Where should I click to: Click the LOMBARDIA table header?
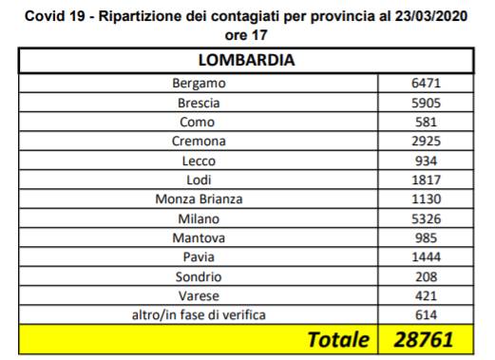tap(246, 60)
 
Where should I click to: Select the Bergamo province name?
tap(199, 84)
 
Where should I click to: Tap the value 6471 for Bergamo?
tap(426, 84)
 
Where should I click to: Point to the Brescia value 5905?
tap(426, 103)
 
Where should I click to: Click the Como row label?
tap(197, 123)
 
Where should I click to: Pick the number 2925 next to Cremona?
tap(426, 142)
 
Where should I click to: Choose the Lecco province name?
tap(199, 161)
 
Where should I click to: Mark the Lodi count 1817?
tap(426, 180)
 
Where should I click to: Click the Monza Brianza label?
tap(199, 199)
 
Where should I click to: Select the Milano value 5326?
tap(426, 218)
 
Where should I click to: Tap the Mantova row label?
tap(199, 238)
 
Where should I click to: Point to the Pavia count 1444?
tap(426, 257)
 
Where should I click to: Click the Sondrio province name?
tap(199, 276)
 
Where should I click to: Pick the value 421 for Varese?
tap(426, 296)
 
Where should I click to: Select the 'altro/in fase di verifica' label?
tap(199, 315)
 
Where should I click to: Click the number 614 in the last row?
tap(426, 315)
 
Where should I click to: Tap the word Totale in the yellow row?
tap(338, 340)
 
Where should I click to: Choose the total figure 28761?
tap(424, 340)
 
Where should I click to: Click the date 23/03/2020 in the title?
tap(431, 16)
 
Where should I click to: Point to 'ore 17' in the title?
tap(246, 35)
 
